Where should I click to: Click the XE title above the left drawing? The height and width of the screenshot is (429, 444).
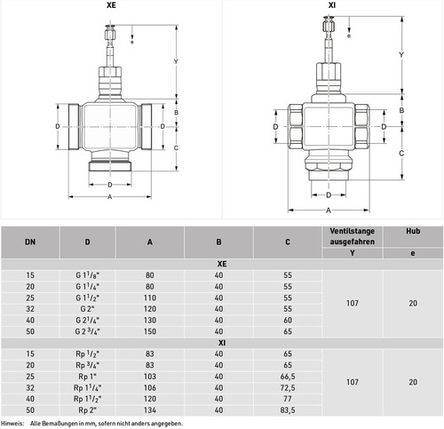coord(111,5)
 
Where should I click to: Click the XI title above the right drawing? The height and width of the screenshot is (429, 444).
coord(332,5)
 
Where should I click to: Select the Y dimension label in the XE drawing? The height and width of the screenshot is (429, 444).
coord(176,61)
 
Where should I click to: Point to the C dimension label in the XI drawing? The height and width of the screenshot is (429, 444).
coord(401,153)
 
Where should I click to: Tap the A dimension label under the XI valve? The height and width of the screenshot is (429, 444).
coord(329,211)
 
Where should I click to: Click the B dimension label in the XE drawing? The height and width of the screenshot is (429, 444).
coord(176,113)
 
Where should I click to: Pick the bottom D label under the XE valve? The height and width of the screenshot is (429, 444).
coord(110,185)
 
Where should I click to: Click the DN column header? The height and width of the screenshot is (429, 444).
coord(30,242)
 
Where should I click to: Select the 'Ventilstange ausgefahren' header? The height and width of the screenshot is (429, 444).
coord(353,236)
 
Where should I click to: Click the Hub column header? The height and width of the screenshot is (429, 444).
coord(413,231)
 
